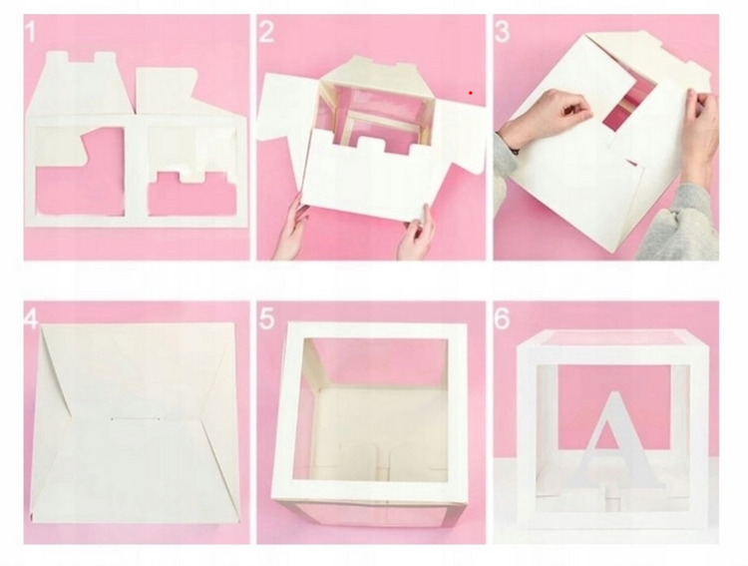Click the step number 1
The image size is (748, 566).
[30, 32]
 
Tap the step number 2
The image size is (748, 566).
[266, 32]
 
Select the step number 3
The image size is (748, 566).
[502, 32]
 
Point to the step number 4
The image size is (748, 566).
[31, 319]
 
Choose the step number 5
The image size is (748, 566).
[267, 319]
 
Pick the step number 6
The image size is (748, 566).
[502, 318]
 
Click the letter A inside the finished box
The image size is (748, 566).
[614, 439]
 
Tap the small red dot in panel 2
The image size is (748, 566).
[471, 93]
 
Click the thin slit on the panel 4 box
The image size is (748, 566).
[136, 419]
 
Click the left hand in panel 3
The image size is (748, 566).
[549, 120]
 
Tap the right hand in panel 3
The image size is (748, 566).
[700, 134]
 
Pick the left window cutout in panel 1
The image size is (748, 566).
[80, 171]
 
